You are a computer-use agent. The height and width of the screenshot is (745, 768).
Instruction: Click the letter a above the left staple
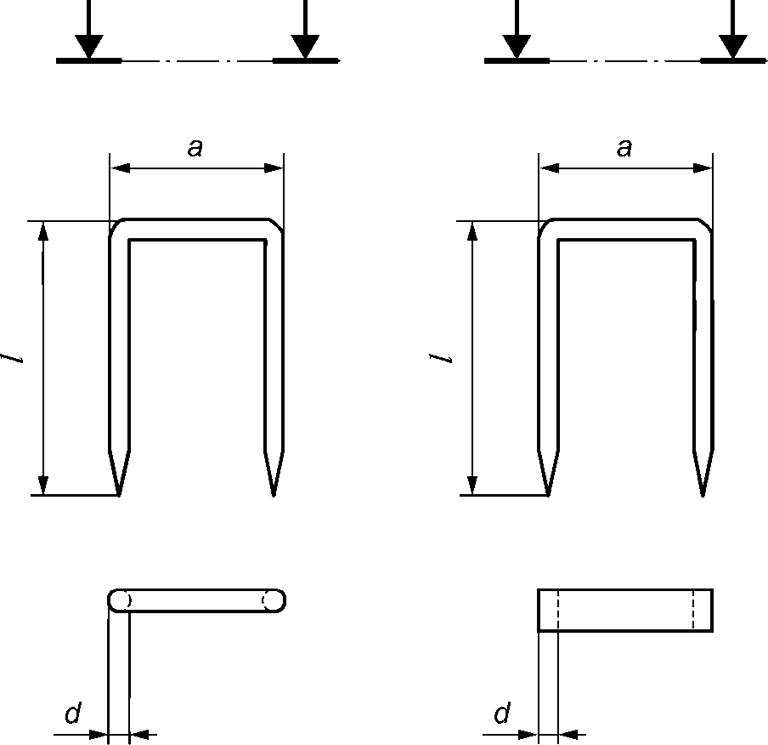click(x=195, y=147)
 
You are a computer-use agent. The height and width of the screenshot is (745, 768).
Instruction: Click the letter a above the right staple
click(x=624, y=147)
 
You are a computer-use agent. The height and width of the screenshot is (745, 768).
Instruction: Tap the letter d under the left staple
click(x=73, y=713)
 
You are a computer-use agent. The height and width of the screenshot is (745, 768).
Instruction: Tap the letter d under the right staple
click(x=502, y=713)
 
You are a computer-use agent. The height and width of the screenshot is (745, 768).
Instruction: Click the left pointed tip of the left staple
click(x=119, y=495)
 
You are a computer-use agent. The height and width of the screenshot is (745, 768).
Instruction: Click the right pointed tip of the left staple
click(x=274, y=495)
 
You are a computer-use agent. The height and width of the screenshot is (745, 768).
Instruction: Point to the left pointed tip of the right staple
click(x=548, y=495)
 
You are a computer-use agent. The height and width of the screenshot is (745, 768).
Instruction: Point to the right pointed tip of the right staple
click(x=703, y=495)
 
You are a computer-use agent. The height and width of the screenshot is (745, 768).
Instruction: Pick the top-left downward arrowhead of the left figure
click(x=89, y=47)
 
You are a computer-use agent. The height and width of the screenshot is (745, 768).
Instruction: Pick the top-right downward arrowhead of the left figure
click(x=305, y=47)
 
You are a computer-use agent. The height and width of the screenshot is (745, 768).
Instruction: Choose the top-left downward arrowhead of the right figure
click(x=517, y=47)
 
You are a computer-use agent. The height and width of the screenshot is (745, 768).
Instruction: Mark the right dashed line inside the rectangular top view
click(x=693, y=610)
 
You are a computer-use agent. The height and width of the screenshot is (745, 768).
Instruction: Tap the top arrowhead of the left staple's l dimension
click(x=43, y=231)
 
